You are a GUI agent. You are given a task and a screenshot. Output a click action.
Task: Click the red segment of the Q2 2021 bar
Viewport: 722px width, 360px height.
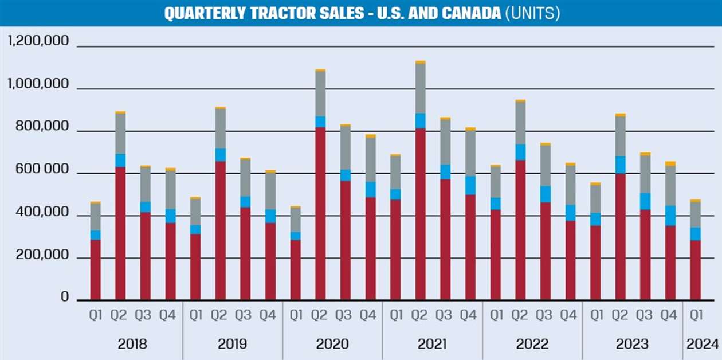421,212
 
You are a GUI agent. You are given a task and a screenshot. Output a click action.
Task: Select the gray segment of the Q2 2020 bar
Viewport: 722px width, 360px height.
320,93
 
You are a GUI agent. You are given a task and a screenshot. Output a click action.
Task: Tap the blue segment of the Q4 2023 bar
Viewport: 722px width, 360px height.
670,216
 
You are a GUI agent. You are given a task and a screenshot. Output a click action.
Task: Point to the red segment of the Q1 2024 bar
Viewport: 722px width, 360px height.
695,269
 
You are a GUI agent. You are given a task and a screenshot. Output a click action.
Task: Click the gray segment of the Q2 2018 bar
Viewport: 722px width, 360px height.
120,134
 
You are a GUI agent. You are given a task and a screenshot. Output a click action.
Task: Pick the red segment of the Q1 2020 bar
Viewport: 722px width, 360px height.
295,269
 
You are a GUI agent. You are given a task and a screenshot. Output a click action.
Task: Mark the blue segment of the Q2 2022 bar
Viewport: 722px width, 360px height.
520,152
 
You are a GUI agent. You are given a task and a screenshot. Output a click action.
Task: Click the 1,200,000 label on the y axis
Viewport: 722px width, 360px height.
38,41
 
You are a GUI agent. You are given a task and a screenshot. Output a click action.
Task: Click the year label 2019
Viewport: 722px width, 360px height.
232,344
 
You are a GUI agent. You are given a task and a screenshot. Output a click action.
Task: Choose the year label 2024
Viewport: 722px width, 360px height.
702,344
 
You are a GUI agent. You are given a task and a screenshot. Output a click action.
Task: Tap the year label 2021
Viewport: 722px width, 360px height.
432,344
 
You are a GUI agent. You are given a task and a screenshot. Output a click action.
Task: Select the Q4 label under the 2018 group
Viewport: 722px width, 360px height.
171,315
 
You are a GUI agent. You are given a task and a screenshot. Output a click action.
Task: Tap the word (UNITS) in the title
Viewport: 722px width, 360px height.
532,13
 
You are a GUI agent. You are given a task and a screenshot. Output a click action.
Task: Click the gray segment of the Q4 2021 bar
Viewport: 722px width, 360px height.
470,153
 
